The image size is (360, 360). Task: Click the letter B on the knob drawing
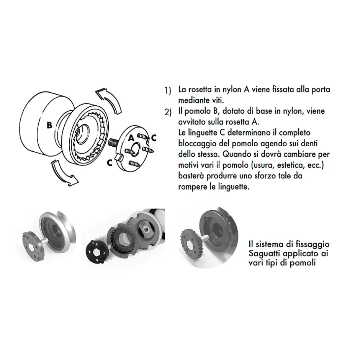click(49, 125)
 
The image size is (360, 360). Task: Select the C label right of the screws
click(154, 137)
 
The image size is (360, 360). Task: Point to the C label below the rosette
click(110, 162)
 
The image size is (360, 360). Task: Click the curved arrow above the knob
click(108, 98)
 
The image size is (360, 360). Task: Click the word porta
click(320, 90)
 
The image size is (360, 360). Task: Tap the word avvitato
click(192, 122)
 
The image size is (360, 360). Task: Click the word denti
click(309, 144)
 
